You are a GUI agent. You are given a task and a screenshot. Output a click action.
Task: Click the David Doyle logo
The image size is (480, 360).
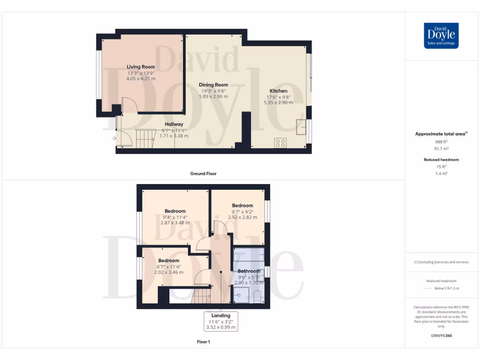click(441, 36)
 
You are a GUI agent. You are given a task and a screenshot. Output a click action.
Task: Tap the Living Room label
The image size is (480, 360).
click(141, 67)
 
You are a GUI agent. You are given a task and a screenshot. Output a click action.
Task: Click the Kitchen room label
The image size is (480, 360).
click(278, 91)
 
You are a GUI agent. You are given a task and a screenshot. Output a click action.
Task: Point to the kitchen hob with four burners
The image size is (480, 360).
click(280, 142)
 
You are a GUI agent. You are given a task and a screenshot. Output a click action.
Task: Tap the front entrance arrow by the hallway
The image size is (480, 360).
click(114, 138)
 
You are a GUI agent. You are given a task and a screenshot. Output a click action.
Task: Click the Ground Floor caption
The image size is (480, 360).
click(203, 173)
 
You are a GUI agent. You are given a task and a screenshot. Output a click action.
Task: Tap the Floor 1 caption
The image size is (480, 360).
click(203, 342)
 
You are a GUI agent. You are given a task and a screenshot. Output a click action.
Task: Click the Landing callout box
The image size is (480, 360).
click(220, 322)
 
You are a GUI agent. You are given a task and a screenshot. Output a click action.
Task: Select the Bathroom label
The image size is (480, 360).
click(248, 271)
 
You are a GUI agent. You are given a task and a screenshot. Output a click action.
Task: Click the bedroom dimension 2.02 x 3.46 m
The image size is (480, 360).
click(169, 272)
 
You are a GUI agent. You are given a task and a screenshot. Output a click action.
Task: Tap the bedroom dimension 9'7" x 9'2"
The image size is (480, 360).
click(242, 211)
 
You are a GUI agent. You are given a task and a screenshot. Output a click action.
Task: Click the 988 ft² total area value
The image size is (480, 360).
click(442, 142)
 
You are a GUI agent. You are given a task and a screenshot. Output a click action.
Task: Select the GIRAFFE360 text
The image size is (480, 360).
click(442, 336)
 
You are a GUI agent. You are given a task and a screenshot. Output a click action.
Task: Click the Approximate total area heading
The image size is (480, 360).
click(441, 134)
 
